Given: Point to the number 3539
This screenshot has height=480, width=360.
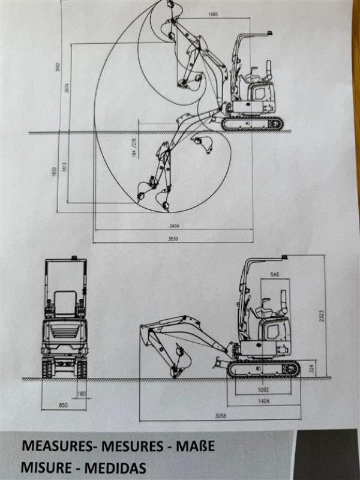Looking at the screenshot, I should tap(173, 239).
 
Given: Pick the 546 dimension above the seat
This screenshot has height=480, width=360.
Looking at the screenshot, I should tap(275, 274).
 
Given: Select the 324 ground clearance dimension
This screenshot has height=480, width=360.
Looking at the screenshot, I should tap(312, 367).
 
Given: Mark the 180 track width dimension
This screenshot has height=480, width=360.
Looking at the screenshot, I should tap(80, 394).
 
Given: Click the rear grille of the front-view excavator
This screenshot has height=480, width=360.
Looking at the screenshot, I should tap(64, 333).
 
